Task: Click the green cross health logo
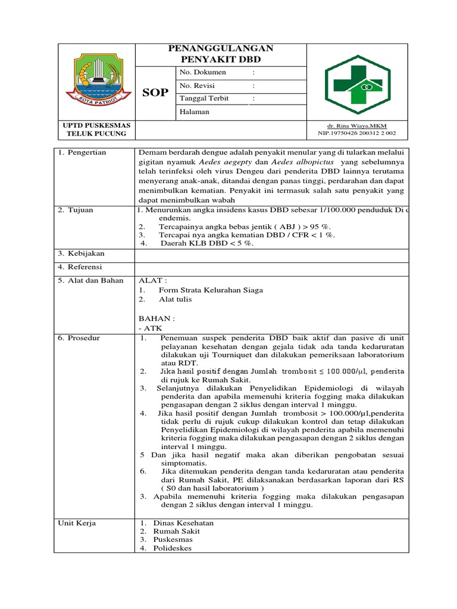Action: coord(356,83)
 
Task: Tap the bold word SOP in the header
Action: coord(155,92)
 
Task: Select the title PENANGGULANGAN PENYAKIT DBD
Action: coord(221,54)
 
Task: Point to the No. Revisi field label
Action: coord(199,86)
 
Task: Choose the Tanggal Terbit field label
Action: coord(204,99)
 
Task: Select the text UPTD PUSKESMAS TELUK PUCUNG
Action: coord(95,129)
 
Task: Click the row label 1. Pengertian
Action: coord(82,153)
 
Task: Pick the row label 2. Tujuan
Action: coord(76,210)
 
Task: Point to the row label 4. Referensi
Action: coord(80,267)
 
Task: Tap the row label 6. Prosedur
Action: coord(79,338)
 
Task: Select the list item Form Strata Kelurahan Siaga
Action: coord(211,290)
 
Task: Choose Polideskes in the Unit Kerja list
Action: coord(172,548)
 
